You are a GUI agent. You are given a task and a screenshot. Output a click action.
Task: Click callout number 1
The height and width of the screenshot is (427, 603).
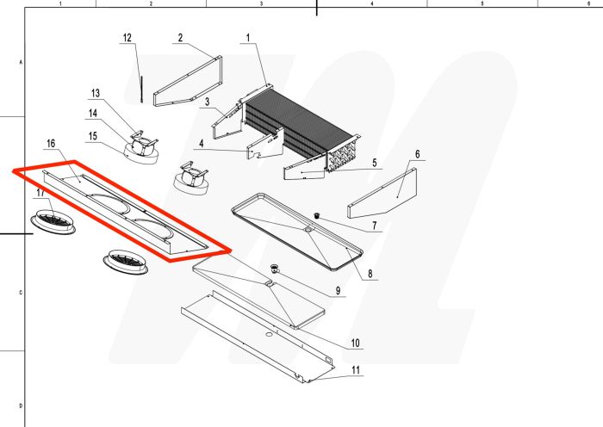click(247, 38)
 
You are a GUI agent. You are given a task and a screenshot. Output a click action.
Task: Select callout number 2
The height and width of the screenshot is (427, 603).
click(181, 38)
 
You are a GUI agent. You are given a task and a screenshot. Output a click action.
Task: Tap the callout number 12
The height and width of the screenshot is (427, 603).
click(127, 38)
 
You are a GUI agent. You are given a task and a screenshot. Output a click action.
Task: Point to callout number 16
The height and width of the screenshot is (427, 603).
click(51, 143)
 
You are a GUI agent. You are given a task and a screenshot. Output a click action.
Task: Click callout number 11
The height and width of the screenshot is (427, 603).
click(354, 371)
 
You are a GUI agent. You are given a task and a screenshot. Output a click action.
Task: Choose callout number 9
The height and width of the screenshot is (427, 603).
click(338, 290)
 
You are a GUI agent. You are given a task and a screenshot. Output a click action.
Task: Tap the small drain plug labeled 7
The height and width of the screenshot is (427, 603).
click(316, 214)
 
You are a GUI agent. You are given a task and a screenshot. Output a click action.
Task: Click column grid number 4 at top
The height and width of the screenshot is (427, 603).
click(371, 4)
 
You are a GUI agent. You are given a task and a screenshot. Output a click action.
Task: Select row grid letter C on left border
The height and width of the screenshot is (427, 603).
click(21, 293)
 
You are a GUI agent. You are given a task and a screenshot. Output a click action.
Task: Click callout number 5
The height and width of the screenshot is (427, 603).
click(375, 163)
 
